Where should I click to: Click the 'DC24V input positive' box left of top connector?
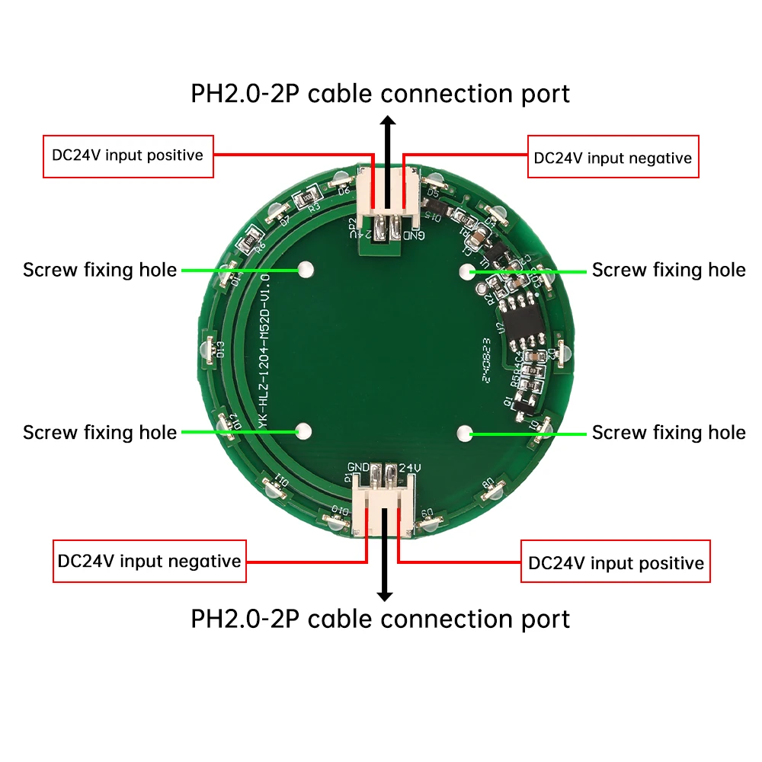(x=128, y=156)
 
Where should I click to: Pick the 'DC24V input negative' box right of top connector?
(x=613, y=157)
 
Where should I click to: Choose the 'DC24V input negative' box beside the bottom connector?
(x=149, y=562)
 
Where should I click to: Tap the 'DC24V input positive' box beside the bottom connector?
(x=615, y=562)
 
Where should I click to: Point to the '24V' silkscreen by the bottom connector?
(x=409, y=467)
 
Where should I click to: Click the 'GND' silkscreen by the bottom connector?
(x=359, y=467)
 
